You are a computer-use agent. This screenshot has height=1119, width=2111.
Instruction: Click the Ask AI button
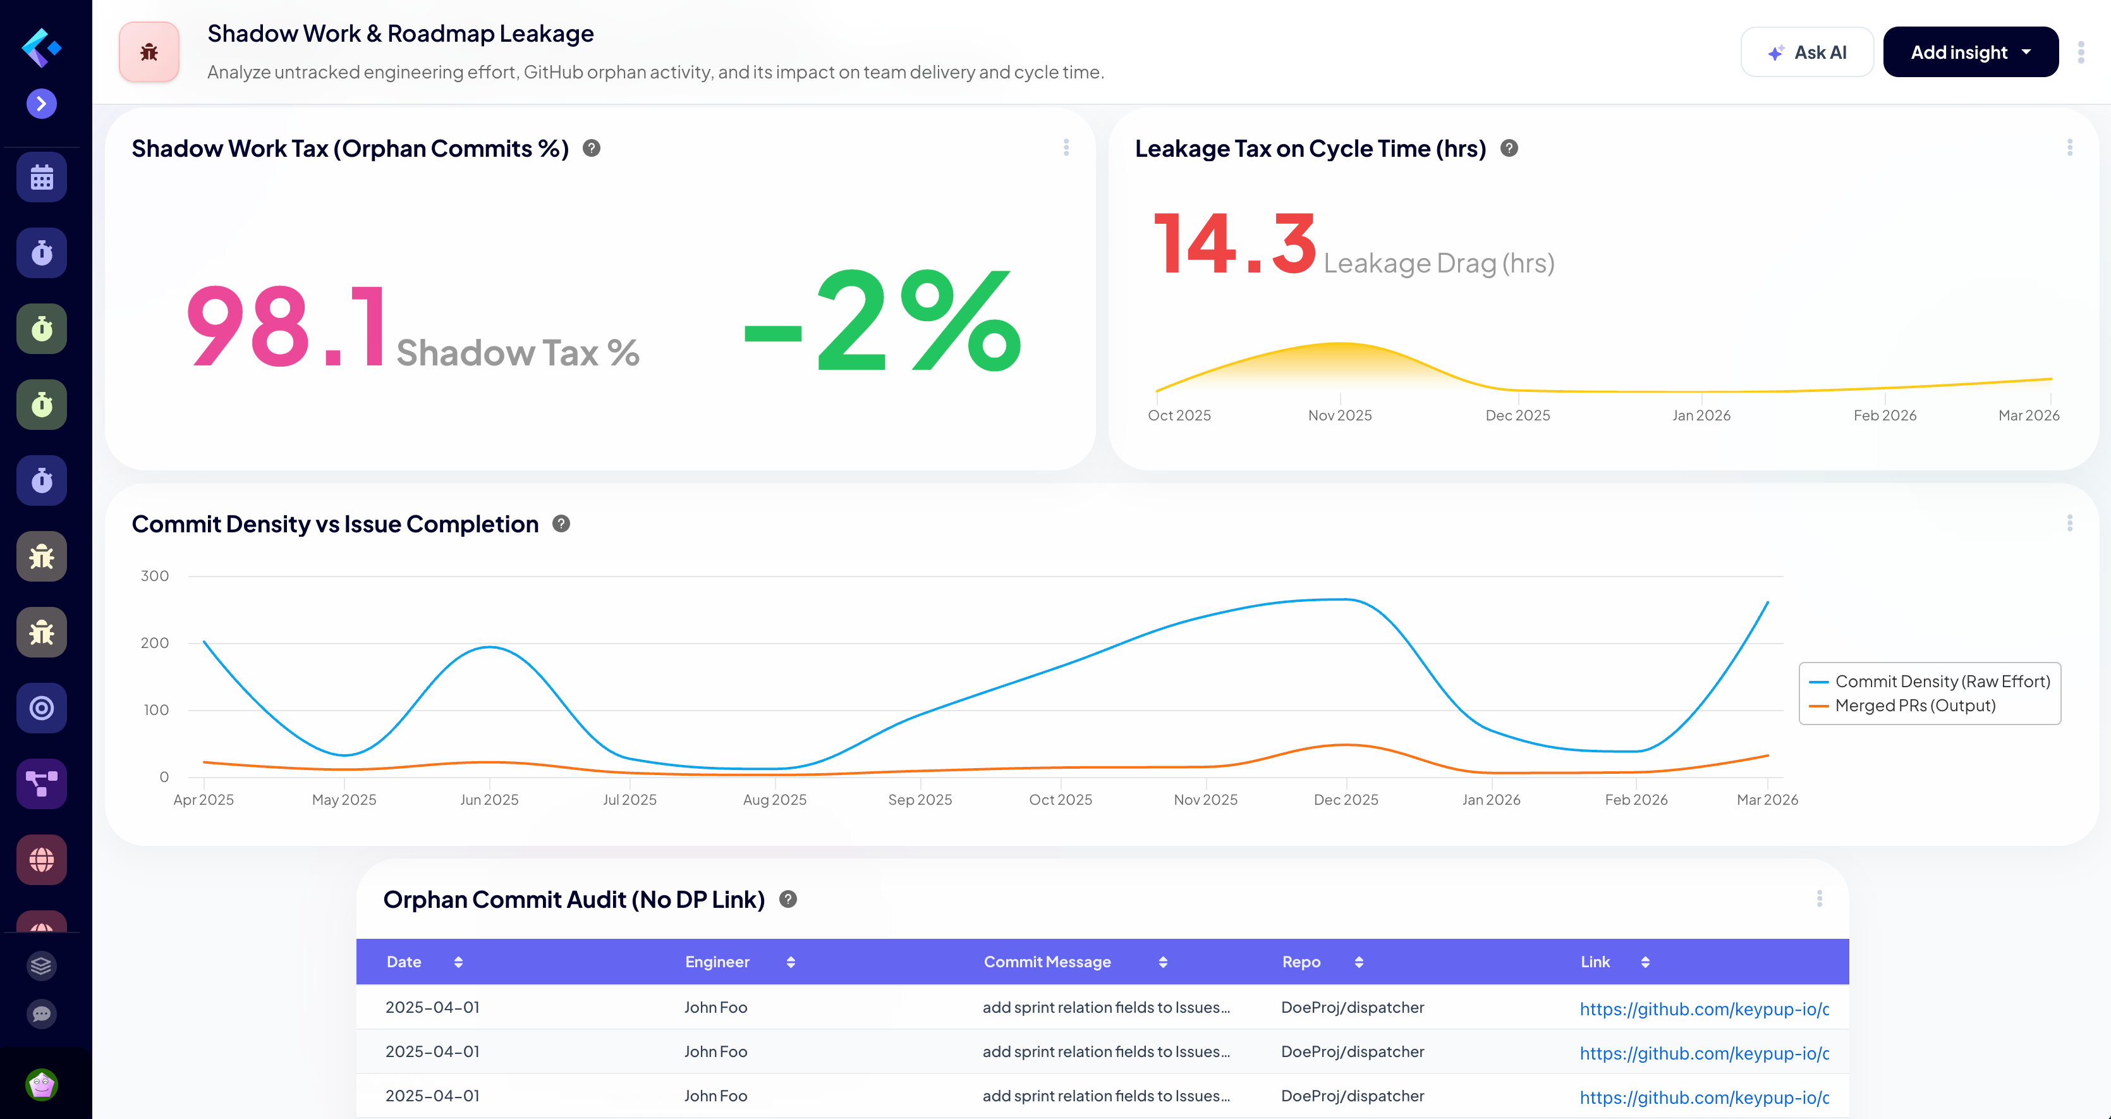coord(1806,52)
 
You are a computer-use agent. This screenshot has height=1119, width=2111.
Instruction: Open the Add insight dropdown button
coord(1970,52)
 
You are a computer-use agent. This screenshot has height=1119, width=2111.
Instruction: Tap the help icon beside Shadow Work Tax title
coord(592,149)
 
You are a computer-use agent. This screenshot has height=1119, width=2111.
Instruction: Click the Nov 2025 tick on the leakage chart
coord(1339,415)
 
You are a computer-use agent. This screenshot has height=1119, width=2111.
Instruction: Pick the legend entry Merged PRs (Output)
coord(1914,706)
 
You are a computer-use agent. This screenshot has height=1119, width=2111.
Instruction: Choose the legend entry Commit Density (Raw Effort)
coord(1942,682)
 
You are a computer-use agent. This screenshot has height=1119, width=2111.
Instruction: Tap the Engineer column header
coord(717,962)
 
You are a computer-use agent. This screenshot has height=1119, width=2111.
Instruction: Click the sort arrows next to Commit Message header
coord(1163,962)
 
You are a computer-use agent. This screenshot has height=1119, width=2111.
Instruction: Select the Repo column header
coord(1301,962)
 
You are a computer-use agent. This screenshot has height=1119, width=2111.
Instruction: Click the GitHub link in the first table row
coord(1704,1009)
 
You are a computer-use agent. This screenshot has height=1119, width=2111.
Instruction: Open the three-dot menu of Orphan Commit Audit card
coord(1819,898)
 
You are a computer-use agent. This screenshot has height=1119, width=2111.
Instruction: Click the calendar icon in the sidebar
coord(42,177)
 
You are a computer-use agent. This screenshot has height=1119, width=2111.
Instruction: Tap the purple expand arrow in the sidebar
coord(42,104)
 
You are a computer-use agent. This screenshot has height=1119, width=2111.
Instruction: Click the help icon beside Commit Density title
coord(561,524)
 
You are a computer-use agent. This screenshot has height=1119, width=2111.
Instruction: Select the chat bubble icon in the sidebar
coord(42,1014)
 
